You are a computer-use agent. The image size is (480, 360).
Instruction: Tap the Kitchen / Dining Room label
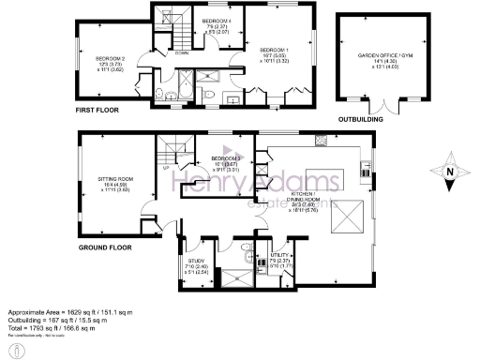(x=330, y=194)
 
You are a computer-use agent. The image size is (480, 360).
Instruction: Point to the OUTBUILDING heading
(x=360, y=119)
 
